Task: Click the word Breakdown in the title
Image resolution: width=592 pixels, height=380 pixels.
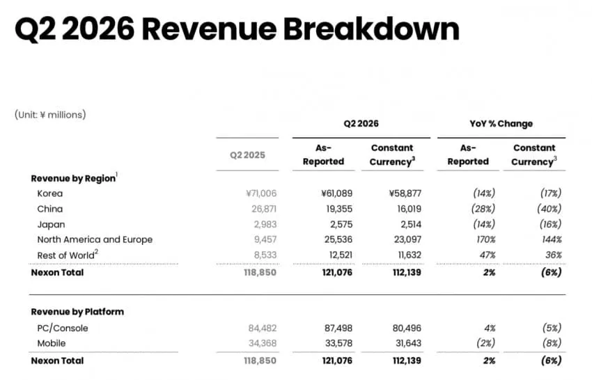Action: (x=371, y=29)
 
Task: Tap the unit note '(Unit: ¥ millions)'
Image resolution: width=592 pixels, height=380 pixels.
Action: (x=50, y=115)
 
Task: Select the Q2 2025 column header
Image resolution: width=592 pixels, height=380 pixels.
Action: (x=248, y=155)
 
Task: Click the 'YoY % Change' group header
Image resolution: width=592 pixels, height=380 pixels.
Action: (x=501, y=124)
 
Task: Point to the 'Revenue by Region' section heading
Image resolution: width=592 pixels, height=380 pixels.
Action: (x=73, y=178)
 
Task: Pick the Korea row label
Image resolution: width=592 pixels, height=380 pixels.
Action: (x=50, y=193)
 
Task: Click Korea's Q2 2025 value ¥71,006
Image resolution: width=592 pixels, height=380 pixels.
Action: (x=261, y=193)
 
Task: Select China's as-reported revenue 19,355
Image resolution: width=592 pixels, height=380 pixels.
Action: (x=339, y=209)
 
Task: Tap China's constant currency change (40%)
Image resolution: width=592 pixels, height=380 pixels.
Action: (x=550, y=209)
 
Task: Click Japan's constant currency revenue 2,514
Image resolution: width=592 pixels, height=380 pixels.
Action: (x=411, y=225)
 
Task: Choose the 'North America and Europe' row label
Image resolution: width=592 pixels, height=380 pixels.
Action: (x=95, y=239)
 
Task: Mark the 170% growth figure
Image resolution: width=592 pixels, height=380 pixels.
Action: (x=485, y=239)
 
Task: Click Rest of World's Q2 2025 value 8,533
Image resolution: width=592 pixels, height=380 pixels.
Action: (x=265, y=255)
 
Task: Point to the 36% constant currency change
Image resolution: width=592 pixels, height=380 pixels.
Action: (x=553, y=255)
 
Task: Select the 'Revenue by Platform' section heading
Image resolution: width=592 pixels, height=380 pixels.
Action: (x=77, y=312)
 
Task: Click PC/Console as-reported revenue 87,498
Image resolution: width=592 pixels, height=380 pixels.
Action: (x=338, y=328)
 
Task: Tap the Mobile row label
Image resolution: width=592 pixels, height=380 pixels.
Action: (x=52, y=343)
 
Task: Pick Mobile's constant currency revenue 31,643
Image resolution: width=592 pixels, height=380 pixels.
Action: (x=407, y=343)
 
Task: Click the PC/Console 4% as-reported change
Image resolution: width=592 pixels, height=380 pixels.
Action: (x=490, y=328)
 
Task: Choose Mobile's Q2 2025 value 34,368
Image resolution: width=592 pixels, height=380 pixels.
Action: (x=263, y=343)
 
